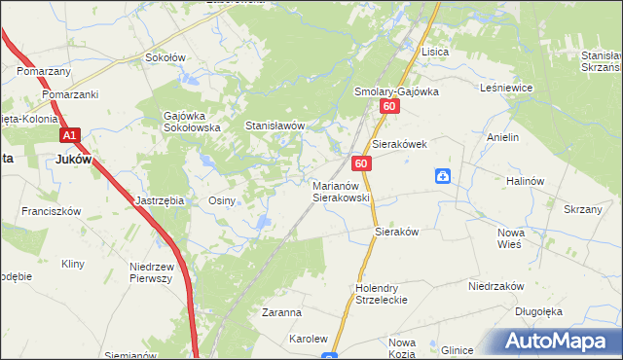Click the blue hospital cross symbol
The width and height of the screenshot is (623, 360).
pyautogui.click(x=442, y=176)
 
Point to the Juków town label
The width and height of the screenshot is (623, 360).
pyautogui.click(x=73, y=161)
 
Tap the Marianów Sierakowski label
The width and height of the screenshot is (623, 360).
pyautogui.click(x=341, y=190)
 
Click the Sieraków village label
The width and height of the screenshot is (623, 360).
pyautogui.click(x=396, y=233)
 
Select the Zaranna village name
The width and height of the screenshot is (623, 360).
pyautogui.click(x=281, y=313)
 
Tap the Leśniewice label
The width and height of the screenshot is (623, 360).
pyautogui.click(x=506, y=88)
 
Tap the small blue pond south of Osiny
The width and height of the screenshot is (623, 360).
pyautogui.click(x=264, y=225)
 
